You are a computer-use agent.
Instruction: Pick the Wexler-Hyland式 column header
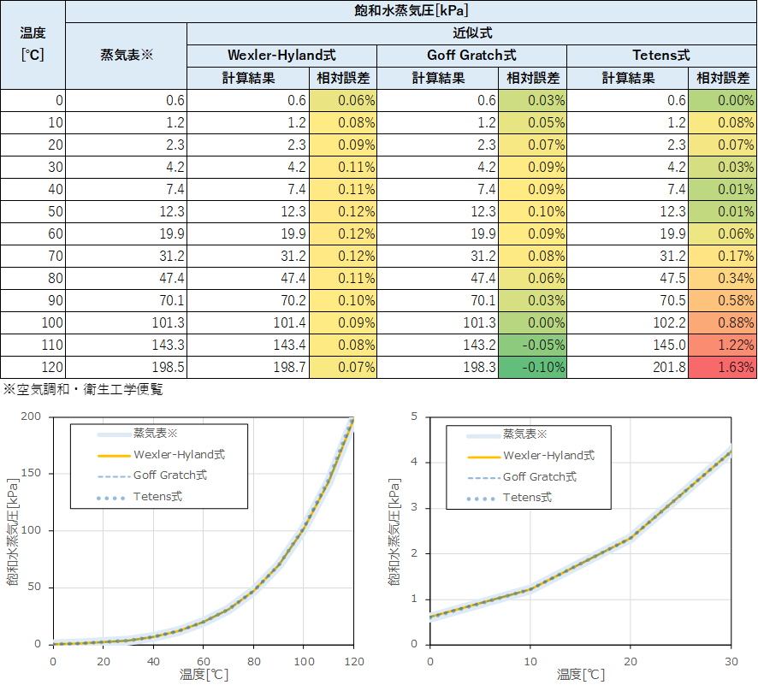point(281,56)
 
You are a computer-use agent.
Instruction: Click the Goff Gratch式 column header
point(471,56)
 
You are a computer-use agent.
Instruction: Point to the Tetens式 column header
point(661,56)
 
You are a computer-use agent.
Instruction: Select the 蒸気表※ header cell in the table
point(126,56)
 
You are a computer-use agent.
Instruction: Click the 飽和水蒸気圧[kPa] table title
point(411,11)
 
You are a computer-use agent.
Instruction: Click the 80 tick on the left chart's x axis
point(253,662)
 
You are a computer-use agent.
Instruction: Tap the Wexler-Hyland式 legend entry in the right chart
point(548,456)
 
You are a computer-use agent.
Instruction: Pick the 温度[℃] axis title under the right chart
point(581,675)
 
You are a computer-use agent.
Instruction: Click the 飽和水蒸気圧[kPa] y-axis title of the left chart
point(12,530)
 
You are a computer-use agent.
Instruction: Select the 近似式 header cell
point(471,33)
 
